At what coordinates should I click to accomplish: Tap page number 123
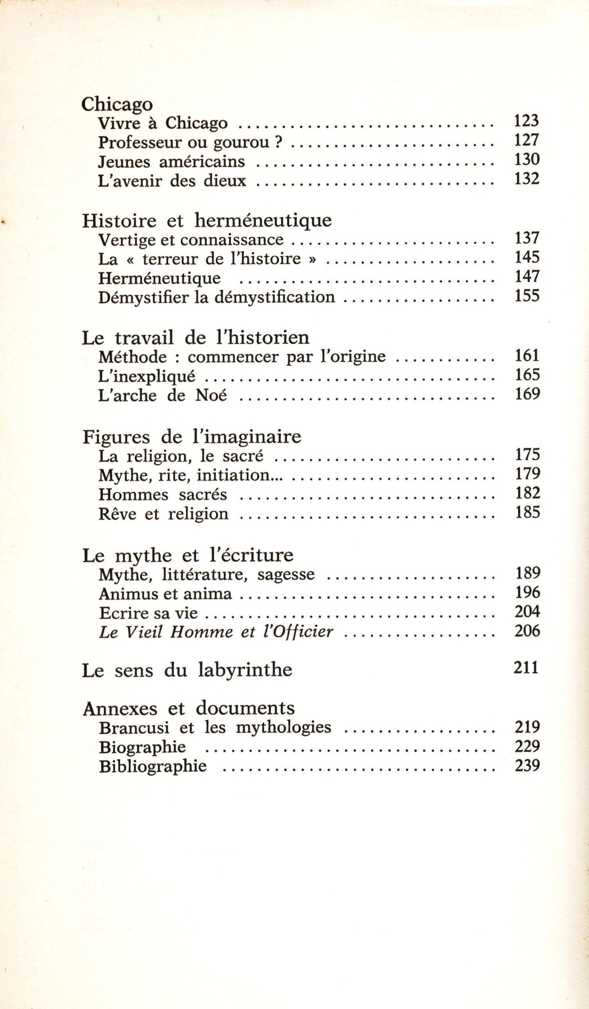point(526,121)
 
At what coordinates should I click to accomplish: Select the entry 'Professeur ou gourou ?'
point(191,142)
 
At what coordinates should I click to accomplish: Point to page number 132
point(526,178)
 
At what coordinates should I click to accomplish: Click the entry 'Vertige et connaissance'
point(191,240)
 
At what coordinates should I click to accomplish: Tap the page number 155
point(527,296)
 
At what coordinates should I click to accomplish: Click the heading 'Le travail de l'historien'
point(195,338)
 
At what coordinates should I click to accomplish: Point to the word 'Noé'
point(211,396)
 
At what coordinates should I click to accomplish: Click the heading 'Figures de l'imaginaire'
point(191,437)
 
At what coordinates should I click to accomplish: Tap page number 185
point(528,512)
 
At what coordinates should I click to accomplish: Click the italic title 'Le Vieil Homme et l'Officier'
point(216,632)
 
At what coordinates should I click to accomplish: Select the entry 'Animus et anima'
point(165,594)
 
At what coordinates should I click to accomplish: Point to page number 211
point(526,668)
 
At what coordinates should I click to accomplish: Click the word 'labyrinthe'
point(245,670)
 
